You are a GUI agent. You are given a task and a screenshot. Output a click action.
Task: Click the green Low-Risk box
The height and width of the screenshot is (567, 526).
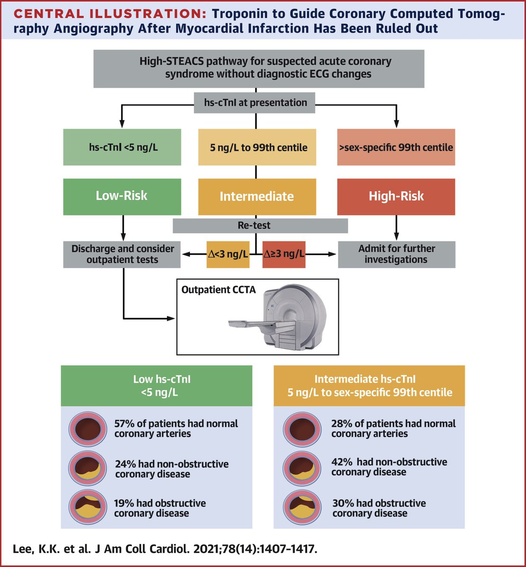pos(122,196)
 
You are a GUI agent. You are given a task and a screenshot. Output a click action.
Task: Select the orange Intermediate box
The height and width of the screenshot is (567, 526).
pos(257,197)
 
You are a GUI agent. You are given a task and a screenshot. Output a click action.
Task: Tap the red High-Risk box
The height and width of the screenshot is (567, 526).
pos(396,196)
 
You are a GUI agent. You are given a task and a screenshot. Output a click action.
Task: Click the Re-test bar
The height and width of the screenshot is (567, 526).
pos(260,226)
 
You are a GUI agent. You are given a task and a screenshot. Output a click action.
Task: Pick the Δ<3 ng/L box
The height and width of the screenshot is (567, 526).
pos(228,254)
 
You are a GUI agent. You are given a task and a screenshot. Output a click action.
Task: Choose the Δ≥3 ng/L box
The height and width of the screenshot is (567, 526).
pos(284,254)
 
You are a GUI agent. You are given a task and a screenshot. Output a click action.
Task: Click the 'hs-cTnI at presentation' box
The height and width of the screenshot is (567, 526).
pos(255,103)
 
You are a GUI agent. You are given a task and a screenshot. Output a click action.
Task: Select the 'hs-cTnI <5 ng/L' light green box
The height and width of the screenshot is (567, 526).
pos(122,147)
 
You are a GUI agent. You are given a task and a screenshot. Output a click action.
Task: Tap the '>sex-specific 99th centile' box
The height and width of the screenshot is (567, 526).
pos(396,147)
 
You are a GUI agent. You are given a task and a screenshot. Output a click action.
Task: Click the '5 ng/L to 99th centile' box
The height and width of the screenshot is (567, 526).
pos(257,147)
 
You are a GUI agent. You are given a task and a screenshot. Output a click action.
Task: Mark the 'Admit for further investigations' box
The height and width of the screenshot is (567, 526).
pos(396,254)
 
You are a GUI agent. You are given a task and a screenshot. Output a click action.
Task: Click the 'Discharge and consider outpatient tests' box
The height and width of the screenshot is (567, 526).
pos(122,254)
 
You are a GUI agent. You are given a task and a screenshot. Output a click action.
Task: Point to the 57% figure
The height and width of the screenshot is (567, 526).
pos(124,424)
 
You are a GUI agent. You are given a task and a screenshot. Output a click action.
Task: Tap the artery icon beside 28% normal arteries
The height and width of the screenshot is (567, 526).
pos(302,428)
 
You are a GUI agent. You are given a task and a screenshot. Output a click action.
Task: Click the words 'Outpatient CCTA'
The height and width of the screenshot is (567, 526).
pos(218,290)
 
